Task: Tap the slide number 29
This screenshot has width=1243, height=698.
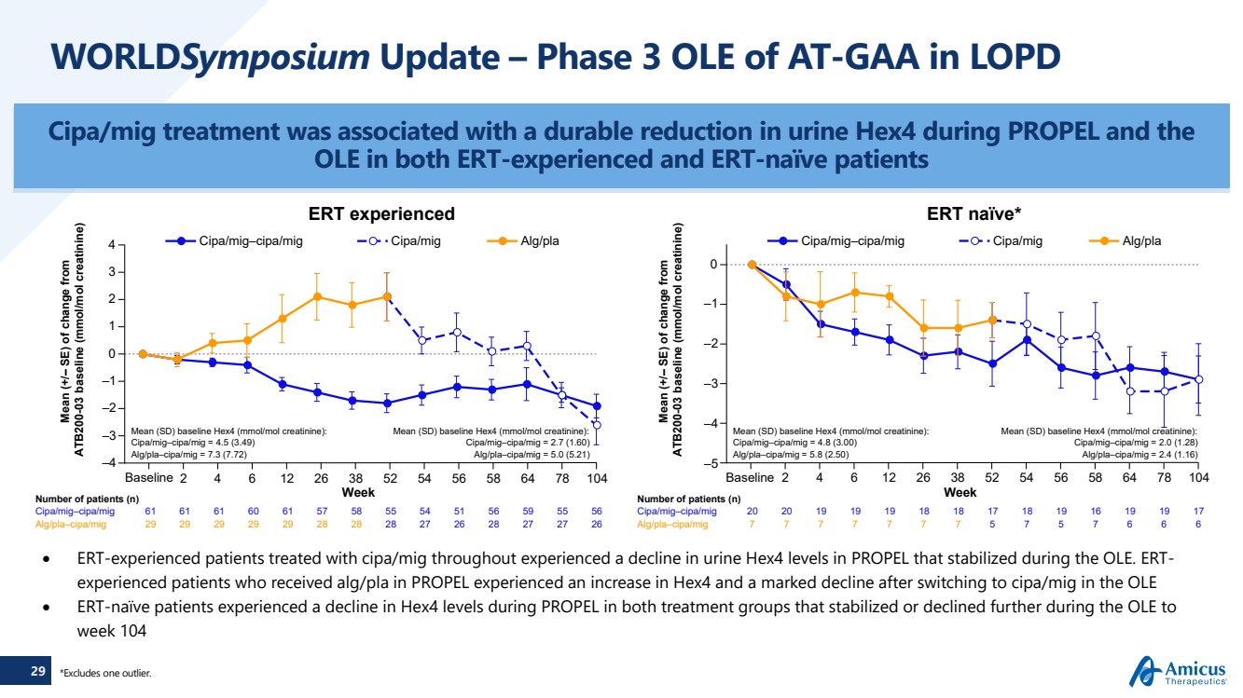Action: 37,670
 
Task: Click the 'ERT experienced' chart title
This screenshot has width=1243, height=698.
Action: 383,214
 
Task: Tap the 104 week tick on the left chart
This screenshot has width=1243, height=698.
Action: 597,478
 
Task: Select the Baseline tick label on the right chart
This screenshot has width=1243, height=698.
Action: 751,478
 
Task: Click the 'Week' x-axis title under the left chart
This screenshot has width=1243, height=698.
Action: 358,492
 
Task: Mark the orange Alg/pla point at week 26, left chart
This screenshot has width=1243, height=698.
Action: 317,297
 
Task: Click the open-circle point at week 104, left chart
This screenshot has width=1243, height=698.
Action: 597,425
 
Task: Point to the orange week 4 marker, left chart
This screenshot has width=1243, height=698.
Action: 213,343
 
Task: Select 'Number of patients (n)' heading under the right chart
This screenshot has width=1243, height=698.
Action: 682,499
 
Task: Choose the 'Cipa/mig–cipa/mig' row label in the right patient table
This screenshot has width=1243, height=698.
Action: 677,512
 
